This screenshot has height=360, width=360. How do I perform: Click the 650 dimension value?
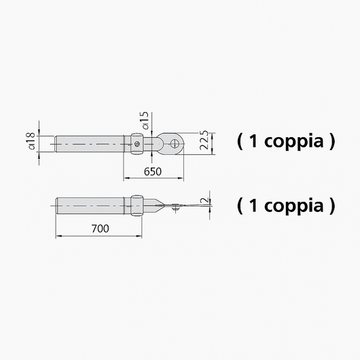click(x=152, y=171)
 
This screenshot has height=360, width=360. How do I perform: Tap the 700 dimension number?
click(x=100, y=228)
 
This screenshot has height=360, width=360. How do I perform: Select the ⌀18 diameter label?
click(x=31, y=141)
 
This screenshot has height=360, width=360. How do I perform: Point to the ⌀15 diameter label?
click(x=145, y=120)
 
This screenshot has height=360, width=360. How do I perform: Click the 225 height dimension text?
click(x=204, y=141)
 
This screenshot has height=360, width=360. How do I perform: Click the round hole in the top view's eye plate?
click(x=175, y=144)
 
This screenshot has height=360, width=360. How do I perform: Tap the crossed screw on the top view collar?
click(x=137, y=144)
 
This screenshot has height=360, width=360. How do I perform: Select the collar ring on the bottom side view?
click(x=137, y=206)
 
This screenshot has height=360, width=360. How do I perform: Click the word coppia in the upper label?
click(x=294, y=142)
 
